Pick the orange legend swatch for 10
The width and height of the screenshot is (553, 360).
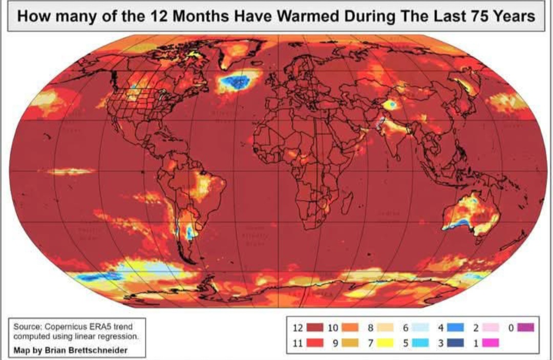pyautogui.click(x=350, y=328)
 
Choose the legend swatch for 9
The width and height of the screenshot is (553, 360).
pyautogui.click(x=350, y=343)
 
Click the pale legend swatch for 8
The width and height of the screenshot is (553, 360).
pyautogui.click(x=385, y=328)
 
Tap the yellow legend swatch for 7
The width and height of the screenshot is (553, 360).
pyautogui.click(x=385, y=343)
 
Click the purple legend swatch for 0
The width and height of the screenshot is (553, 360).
pyautogui.click(x=525, y=328)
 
